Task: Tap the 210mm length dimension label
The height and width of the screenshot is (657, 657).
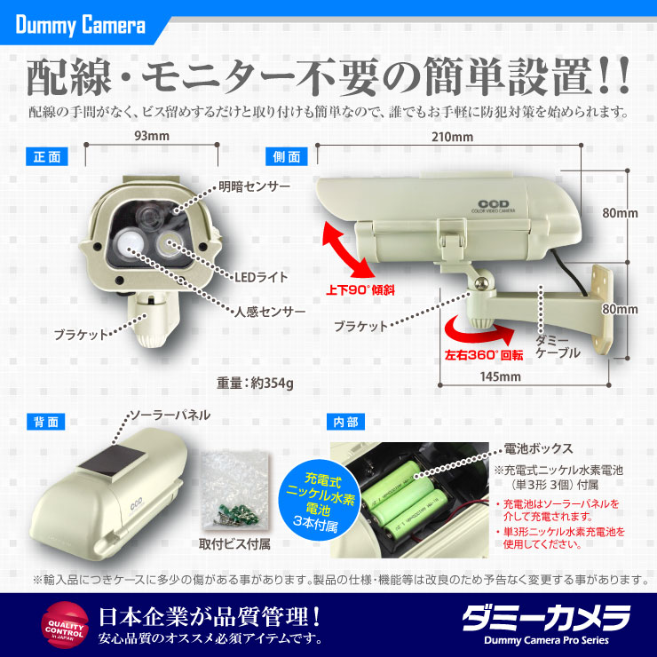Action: (x=452, y=138)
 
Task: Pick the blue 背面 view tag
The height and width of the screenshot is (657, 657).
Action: (x=45, y=423)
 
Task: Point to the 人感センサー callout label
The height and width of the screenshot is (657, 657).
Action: (x=270, y=313)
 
